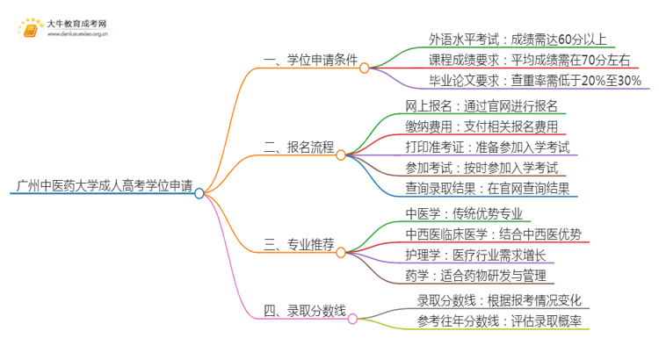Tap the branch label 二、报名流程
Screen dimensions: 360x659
tap(300, 148)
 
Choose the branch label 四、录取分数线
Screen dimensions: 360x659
tap(305, 309)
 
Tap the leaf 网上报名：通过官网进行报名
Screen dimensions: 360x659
tap(482, 106)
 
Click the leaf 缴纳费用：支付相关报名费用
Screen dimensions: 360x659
tap(482, 126)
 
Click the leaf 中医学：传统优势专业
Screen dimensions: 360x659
tap(468, 212)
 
